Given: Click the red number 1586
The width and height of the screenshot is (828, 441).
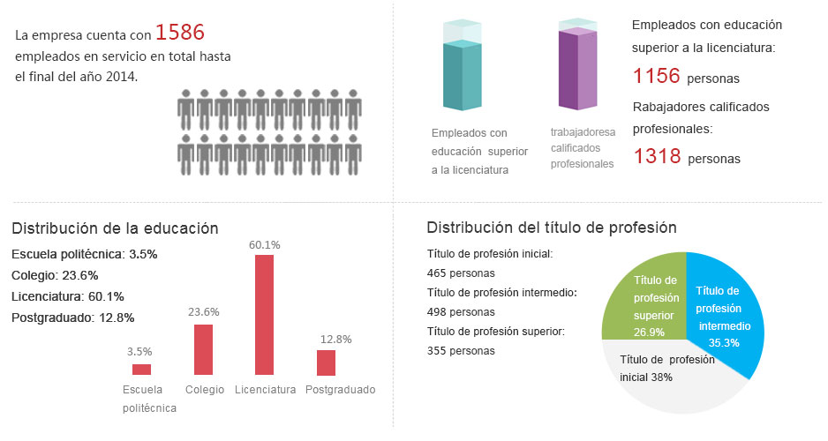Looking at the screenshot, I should click(x=179, y=34).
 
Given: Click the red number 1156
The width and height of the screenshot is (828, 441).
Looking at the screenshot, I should click(x=657, y=76).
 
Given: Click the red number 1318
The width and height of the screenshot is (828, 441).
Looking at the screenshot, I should click(x=657, y=157).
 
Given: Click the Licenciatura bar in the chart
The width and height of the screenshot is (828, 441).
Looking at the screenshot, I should click(x=264, y=315).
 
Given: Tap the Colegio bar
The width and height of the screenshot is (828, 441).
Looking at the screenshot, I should click(x=203, y=349).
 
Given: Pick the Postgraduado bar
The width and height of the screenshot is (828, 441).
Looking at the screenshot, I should click(x=327, y=363).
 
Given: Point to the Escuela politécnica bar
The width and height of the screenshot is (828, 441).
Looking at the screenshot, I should click(x=141, y=370).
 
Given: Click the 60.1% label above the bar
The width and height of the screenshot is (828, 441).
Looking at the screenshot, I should click(x=264, y=244).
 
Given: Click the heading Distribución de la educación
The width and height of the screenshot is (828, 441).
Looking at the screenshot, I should click(x=115, y=228).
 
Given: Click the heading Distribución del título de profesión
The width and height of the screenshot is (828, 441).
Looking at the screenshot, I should click(x=552, y=228).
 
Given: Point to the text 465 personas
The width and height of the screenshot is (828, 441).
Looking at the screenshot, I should click(x=461, y=273).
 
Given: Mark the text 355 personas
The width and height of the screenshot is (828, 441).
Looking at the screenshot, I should click(x=461, y=350).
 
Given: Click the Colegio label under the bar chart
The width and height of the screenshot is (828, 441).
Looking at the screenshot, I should click(x=205, y=390).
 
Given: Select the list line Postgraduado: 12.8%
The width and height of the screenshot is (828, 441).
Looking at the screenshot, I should click(x=73, y=318).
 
